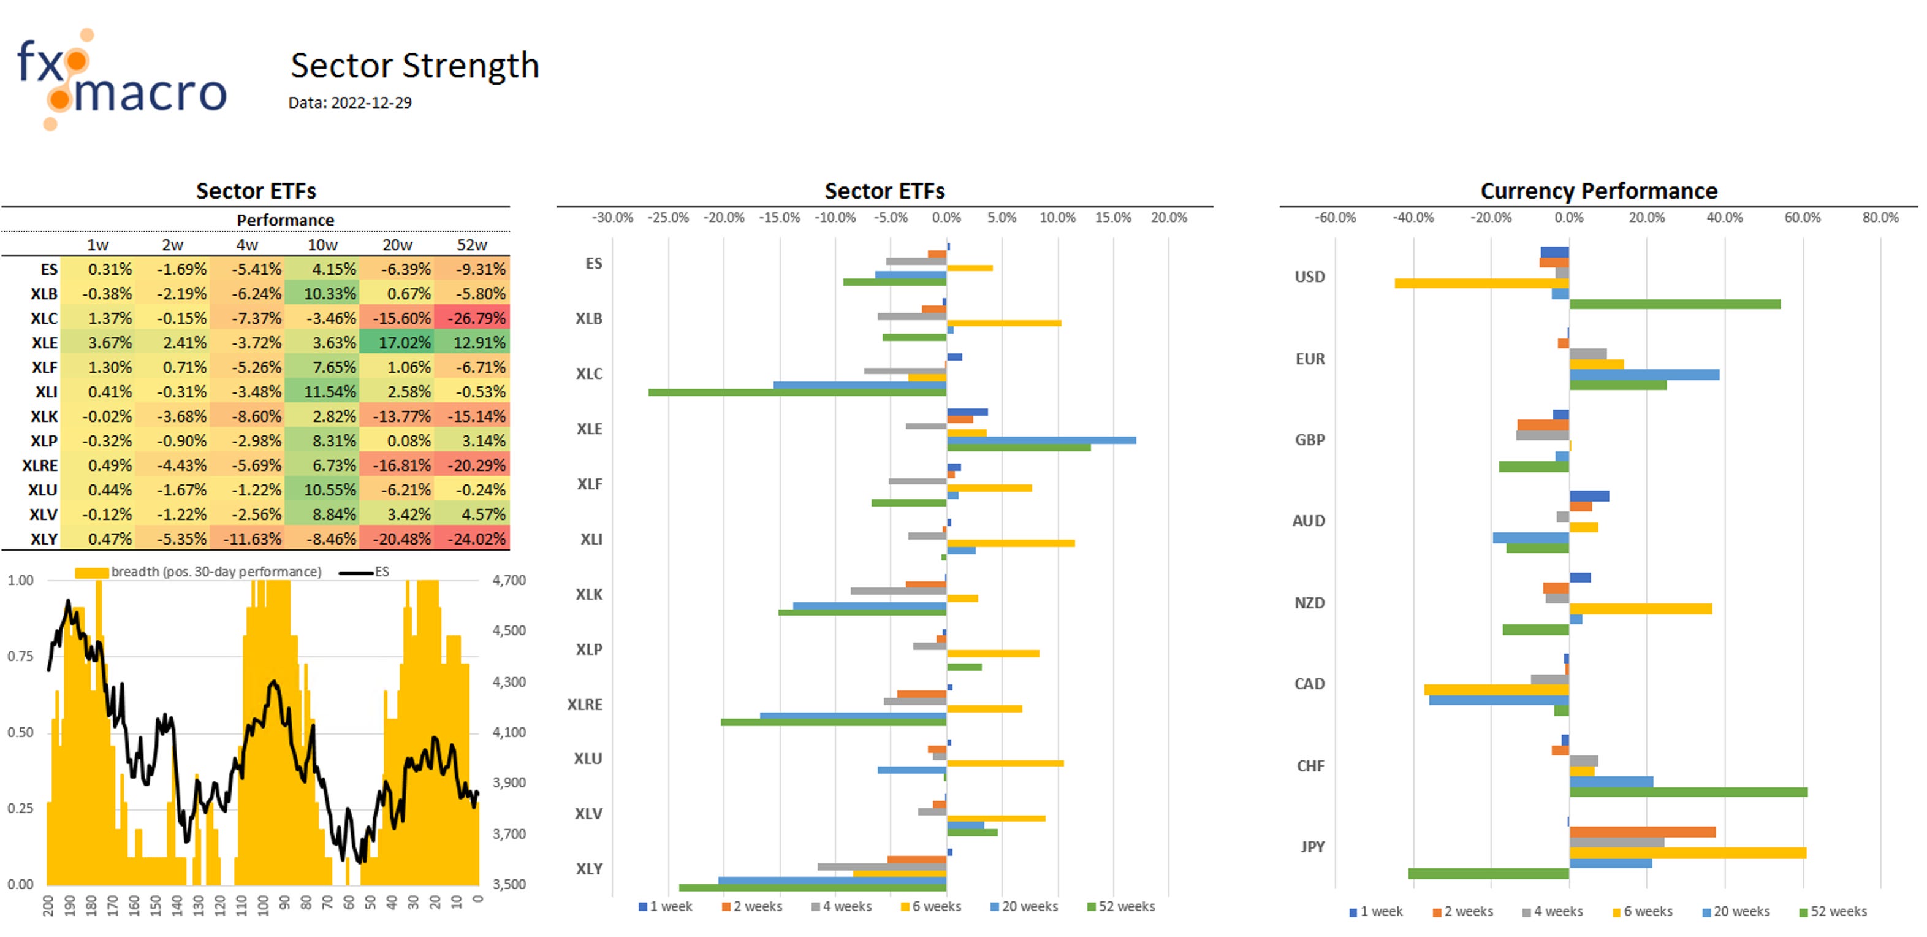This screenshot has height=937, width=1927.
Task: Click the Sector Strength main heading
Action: point(414,66)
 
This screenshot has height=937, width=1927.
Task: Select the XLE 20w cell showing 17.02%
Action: point(397,343)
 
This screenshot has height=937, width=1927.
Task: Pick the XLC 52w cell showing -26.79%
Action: point(472,318)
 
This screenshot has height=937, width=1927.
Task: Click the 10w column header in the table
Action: point(322,245)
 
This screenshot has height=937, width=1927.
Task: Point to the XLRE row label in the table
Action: point(40,465)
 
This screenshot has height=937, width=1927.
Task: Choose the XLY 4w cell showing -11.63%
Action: point(248,539)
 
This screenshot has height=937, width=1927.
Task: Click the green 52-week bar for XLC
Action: point(797,392)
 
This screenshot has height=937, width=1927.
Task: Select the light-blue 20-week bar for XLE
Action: point(1041,440)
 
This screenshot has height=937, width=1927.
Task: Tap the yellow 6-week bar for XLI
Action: point(1010,543)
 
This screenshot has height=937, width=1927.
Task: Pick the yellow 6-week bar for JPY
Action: point(1687,853)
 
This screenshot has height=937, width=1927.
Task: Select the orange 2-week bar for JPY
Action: point(1642,832)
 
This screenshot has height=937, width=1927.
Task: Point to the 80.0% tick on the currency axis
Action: point(1880,218)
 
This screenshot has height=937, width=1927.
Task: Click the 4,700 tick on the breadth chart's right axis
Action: point(509,580)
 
